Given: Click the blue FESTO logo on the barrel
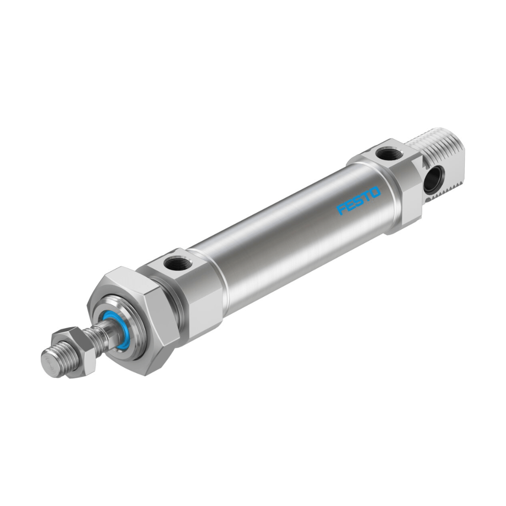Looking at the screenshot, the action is coord(358,201).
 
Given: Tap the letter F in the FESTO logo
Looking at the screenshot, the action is coord(342,209).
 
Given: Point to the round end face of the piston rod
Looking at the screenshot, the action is coord(51,364).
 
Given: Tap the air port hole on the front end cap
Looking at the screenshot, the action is coord(178,264).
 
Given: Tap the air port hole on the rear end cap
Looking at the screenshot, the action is coord(389,153).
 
